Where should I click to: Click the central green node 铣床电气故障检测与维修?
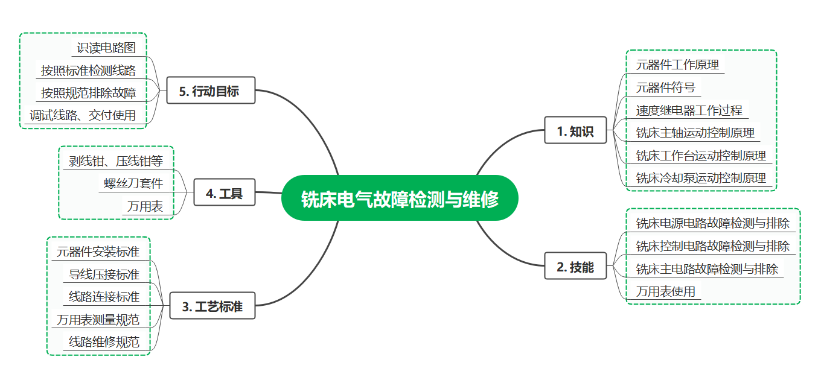tap(400, 198)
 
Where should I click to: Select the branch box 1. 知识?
tap(575, 130)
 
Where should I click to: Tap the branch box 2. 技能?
tap(575, 266)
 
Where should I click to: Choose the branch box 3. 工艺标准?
tap(212, 306)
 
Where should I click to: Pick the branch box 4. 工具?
tap(224, 192)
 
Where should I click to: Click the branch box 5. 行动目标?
tap(210, 90)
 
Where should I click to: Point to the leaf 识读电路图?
tap(106, 48)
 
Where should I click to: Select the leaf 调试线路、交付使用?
tap(83, 115)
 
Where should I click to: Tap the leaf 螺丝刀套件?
tap(133, 183)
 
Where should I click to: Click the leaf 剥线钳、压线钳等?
tap(115, 161)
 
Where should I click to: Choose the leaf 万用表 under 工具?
tap(145, 206)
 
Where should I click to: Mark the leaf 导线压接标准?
tap(104, 274)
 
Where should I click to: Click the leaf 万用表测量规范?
tap(98, 320)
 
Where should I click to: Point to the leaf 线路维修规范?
tap(104, 342)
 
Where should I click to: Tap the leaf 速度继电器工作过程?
tap(689, 110)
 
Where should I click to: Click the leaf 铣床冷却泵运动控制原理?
tap(701, 178)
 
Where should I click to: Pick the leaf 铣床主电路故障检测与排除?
tap(707, 268)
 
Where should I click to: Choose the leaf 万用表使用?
tap(665, 291)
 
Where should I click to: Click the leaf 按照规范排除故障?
tap(88, 92)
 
